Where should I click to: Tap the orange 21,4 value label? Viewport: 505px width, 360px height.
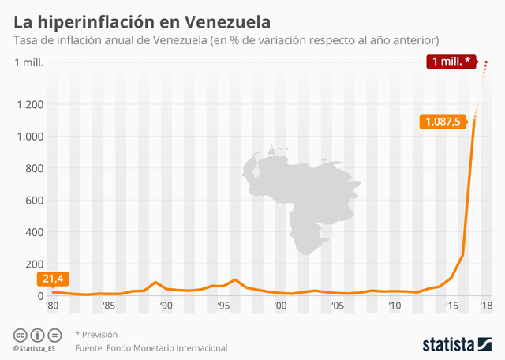[x=51, y=279]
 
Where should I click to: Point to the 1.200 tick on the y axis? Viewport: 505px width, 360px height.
[x=29, y=104]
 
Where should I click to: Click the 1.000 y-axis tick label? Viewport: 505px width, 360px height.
[x=29, y=137]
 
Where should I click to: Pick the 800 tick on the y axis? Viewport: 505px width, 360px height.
[x=33, y=168]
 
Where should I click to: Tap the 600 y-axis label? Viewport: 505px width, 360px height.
[x=33, y=201]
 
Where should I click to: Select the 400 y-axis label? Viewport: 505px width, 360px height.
[x=33, y=232]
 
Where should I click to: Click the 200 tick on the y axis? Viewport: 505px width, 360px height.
[x=33, y=264]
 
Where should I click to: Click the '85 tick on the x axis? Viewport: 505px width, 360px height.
[x=109, y=306]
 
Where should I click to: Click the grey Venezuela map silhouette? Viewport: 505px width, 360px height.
[x=304, y=197]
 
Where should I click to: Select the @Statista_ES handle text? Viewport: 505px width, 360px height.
[x=33, y=348]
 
